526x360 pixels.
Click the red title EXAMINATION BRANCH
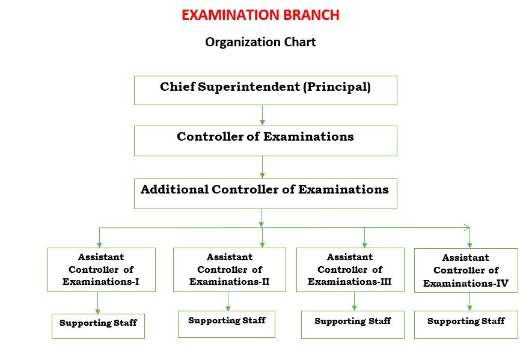260,15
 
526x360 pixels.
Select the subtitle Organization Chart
260,42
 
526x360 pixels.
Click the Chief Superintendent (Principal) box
265,90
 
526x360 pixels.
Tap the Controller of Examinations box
265,141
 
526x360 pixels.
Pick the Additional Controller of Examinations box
265,194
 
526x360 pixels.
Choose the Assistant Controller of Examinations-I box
101,270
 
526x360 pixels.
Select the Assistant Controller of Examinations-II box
230,270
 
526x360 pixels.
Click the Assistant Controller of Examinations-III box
350,270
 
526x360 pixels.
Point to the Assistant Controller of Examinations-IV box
466,270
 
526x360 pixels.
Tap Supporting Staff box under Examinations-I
98,326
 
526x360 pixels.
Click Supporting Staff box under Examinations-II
227,324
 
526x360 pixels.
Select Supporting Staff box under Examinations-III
353,325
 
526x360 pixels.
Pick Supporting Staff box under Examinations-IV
466,325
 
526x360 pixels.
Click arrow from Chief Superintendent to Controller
262,115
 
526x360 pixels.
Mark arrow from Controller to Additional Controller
262,166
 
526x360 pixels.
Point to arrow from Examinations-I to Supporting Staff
97,303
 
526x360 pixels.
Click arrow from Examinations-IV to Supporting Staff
469,301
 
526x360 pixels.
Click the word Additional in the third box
174,190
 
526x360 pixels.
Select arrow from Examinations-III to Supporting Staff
354,301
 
